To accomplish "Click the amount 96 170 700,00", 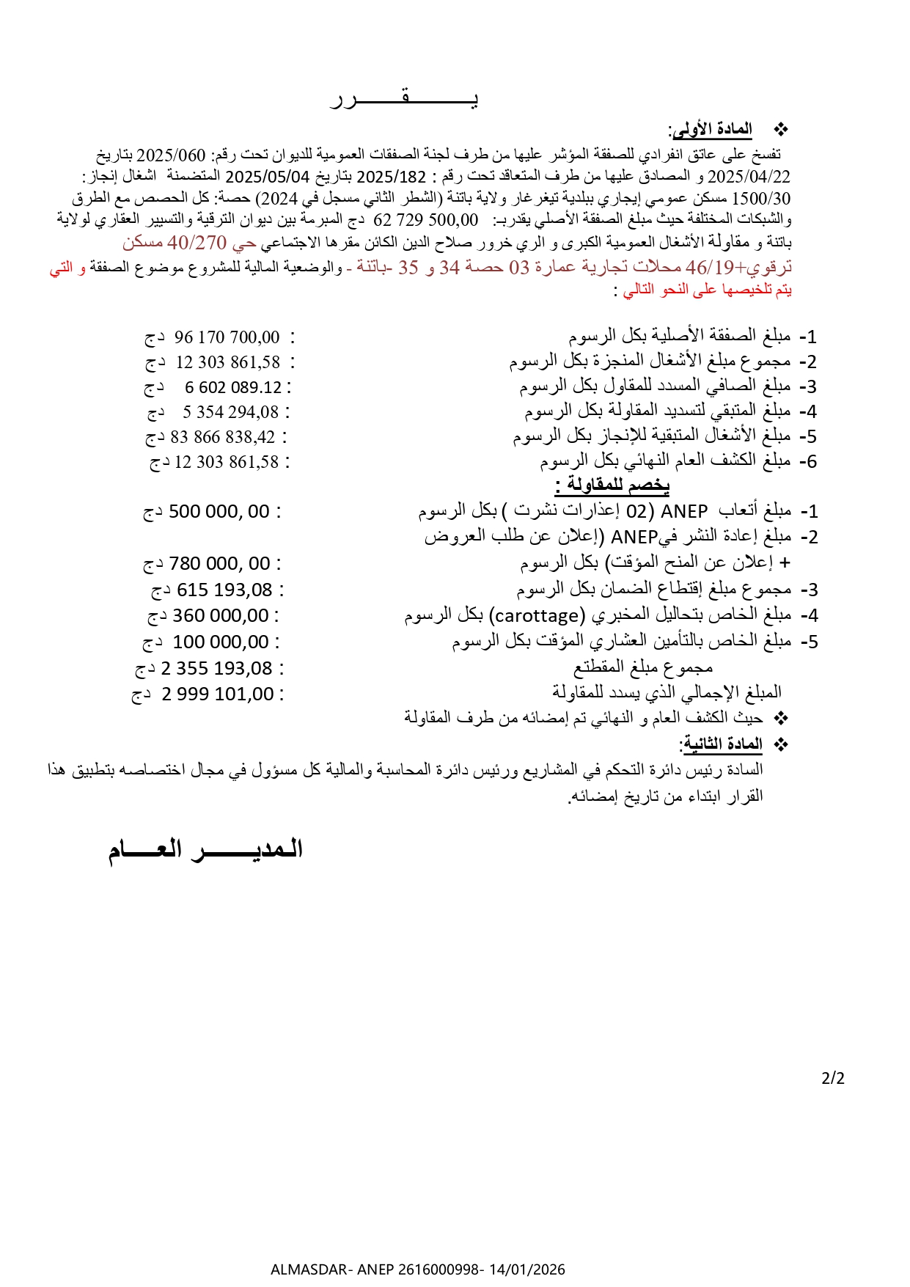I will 227,337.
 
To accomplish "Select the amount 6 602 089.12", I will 233,387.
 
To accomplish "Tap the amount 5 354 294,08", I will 230,412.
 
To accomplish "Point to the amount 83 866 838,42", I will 223,437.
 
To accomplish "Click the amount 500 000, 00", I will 219,511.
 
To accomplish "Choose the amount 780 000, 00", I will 219,563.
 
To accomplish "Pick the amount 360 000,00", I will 221,615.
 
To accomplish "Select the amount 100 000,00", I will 221,642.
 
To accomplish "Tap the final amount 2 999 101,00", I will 217,694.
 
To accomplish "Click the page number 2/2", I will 833,1078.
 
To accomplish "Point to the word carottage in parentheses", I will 537,615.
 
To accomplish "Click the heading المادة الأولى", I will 711,130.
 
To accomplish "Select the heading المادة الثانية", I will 722,744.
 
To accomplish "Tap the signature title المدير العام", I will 206,850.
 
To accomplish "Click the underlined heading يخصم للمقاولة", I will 612,485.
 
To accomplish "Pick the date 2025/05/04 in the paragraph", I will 268,177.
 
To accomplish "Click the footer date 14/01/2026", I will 527,1269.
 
